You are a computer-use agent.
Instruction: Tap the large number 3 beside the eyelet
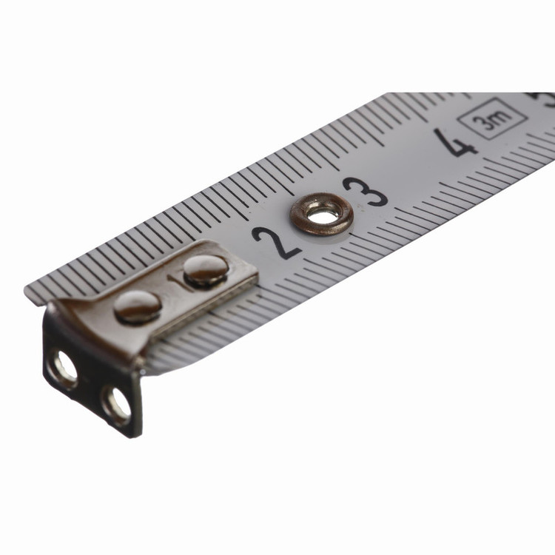(366, 191)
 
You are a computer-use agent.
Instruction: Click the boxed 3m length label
(493, 118)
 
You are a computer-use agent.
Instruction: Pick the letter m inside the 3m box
(502, 115)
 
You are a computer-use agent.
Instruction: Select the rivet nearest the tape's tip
(138, 306)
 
